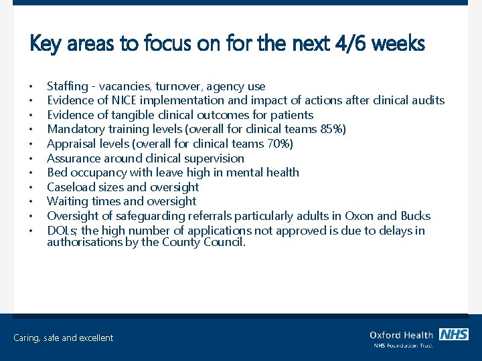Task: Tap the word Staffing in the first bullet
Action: point(68,86)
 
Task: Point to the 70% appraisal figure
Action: point(278,144)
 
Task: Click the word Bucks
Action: point(415,216)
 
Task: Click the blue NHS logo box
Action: point(453,334)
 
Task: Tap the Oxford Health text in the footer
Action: point(401,335)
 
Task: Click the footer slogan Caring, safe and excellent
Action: point(64,338)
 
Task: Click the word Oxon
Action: point(359,216)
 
